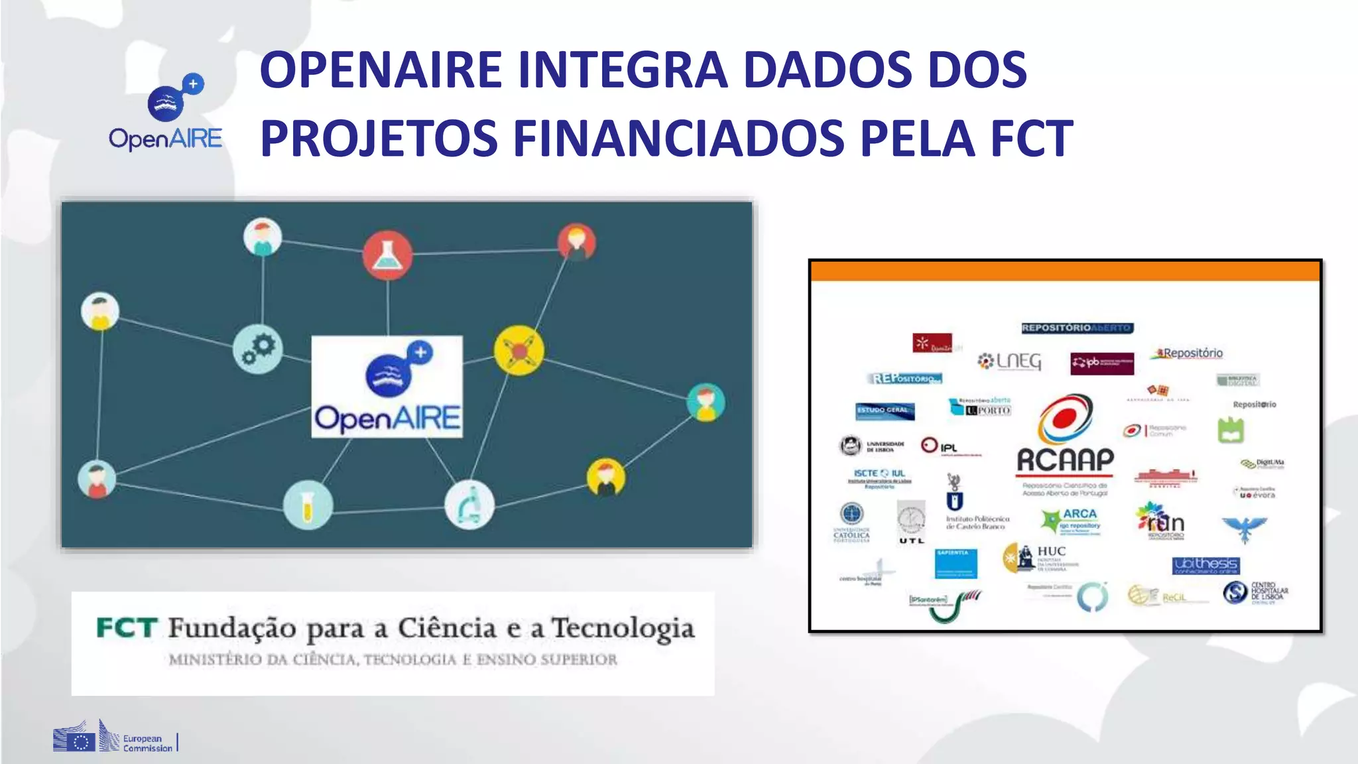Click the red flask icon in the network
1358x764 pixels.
(x=387, y=255)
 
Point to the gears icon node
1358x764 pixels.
(x=258, y=348)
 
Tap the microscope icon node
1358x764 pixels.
(x=469, y=505)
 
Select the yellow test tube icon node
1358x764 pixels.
(x=308, y=505)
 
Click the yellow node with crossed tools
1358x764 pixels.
(x=519, y=350)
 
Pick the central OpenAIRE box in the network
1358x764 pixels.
(x=387, y=387)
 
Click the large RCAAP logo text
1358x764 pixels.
(x=1065, y=460)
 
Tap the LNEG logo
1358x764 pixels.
(x=1010, y=361)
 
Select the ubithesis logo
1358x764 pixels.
(x=1205, y=565)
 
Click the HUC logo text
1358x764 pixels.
(x=1051, y=551)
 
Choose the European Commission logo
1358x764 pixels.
(x=114, y=737)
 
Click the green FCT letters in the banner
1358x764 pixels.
(x=127, y=627)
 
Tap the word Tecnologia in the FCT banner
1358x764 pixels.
(x=623, y=629)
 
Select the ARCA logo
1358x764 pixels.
(x=1071, y=520)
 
